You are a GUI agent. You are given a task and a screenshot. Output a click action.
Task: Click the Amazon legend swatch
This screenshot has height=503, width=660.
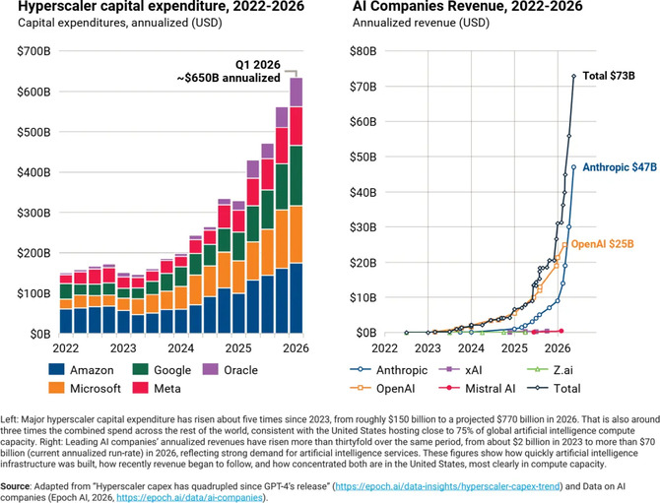56,370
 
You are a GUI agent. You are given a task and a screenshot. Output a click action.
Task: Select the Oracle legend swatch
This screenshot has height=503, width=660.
210,370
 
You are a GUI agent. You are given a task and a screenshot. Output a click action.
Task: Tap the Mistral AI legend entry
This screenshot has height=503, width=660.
477,388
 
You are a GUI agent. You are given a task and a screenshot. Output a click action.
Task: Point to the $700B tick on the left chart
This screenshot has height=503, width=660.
33,51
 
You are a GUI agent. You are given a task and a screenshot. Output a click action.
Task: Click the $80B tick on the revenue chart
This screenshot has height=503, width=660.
363,51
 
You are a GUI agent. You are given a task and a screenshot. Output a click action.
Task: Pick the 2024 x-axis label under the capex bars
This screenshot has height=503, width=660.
180,348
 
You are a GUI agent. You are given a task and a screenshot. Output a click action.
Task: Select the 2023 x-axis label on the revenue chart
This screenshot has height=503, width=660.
428,348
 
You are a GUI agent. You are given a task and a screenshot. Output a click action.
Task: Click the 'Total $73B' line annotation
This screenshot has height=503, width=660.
609,76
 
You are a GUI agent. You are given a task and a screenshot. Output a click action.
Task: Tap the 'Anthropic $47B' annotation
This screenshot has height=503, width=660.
620,167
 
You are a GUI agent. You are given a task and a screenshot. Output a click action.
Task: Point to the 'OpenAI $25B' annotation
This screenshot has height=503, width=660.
602,244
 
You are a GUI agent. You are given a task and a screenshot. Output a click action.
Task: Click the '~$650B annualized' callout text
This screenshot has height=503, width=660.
229,78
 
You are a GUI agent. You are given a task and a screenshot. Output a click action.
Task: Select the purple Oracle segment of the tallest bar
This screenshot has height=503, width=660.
296,93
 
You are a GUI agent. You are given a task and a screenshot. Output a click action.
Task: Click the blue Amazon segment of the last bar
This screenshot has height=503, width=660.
296,298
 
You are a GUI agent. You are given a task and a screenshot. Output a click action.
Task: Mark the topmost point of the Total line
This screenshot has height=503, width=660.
573,76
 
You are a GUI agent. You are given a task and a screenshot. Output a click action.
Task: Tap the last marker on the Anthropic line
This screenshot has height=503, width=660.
573,167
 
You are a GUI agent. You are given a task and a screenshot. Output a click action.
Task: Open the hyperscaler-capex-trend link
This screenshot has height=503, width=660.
448,486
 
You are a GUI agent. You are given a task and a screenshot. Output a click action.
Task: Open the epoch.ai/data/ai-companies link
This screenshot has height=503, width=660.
189,498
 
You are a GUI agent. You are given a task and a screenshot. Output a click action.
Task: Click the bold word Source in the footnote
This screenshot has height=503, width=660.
15,486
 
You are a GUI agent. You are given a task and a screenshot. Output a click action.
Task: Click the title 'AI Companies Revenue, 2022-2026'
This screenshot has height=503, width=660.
468,6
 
